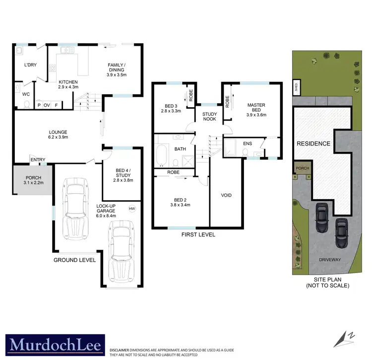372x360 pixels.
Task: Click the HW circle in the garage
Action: [132, 208]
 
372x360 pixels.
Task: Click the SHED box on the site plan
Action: [295, 87]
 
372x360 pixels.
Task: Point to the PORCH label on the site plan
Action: [302, 168]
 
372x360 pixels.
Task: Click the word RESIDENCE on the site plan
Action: [313, 144]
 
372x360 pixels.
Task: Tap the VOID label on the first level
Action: [226, 195]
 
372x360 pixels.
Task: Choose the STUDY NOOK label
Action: [210, 117]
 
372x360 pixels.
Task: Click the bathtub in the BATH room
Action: [161, 156]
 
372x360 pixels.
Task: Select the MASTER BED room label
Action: [256, 110]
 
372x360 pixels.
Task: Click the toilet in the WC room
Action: [27, 104]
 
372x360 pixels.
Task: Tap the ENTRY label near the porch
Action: [38, 159]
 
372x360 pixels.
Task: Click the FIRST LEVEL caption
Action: [198, 234]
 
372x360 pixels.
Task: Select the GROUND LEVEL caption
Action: [74, 259]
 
